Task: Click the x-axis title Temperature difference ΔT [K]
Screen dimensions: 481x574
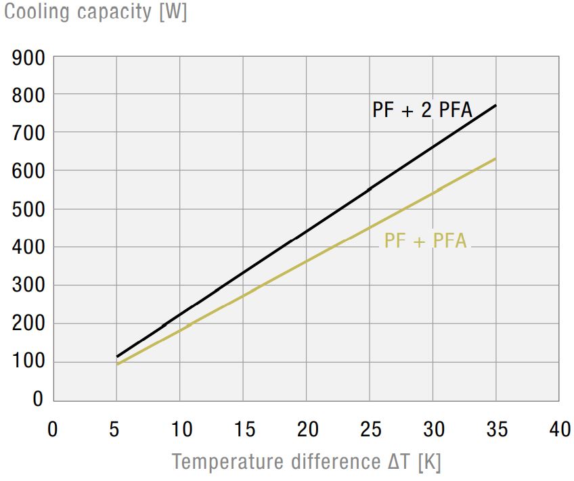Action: click(306, 462)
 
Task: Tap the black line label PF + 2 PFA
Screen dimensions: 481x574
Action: click(422, 110)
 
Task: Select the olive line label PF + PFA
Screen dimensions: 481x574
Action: click(425, 240)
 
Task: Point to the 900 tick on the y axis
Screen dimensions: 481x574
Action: click(28, 58)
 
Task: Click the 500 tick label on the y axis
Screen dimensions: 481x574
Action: click(28, 209)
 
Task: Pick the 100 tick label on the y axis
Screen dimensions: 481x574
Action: click(28, 362)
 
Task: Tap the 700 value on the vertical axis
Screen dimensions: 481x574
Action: click(28, 133)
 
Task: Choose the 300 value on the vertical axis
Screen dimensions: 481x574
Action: click(28, 285)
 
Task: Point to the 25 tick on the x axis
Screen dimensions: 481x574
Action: click(369, 430)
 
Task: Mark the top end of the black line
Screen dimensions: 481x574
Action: click(496, 105)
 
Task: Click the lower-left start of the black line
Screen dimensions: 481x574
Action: click(117, 357)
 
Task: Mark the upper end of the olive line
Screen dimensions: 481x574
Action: click(496, 158)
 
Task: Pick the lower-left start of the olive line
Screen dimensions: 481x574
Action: click(117, 365)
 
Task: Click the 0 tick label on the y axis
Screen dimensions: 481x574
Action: click(38, 399)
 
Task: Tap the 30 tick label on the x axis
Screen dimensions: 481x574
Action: click(433, 430)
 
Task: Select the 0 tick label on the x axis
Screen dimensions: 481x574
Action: click(53, 430)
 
